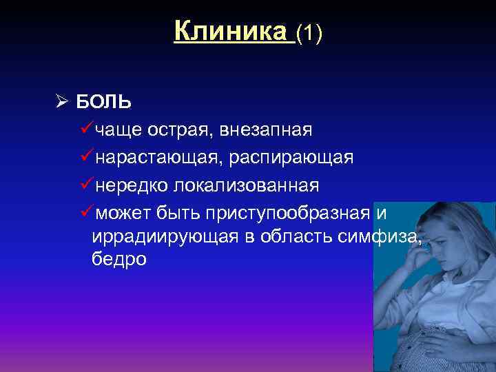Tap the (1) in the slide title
click(x=309, y=33)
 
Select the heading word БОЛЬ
click(x=103, y=103)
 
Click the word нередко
click(x=132, y=185)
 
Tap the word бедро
click(x=119, y=260)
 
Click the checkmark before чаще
click(x=87, y=129)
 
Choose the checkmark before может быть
click(x=87, y=212)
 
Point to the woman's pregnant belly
click(x=441, y=344)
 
